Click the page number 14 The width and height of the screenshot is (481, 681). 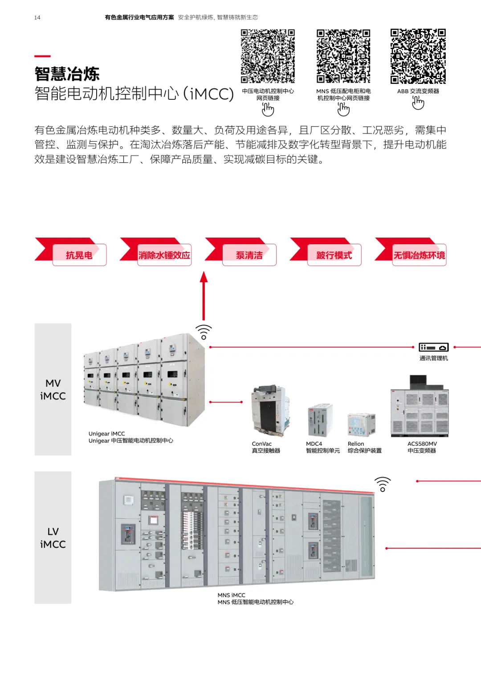[x=37, y=18]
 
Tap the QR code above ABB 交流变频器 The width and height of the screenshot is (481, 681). [x=418, y=56]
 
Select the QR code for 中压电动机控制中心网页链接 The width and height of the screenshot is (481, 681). [x=268, y=56]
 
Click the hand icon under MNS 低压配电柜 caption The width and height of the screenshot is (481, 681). [x=343, y=109]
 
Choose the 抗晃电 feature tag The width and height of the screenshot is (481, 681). [x=79, y=255]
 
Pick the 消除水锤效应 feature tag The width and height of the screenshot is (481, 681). [x=164, y=255]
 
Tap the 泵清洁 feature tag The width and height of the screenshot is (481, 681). [x=249, y=255]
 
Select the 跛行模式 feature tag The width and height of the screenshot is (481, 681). [x=334, y=255]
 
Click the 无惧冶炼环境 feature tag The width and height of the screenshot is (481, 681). [x=419, y=255]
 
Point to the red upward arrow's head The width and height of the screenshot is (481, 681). [x=204, y=277]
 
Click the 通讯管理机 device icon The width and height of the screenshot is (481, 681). [x=433, y=347]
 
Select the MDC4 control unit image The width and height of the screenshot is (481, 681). [x=319, y=421]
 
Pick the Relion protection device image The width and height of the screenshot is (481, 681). [x=361, y=425]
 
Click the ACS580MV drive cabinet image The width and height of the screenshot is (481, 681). [x=420, y=408]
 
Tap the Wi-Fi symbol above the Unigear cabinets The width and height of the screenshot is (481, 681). [x=204, y=332]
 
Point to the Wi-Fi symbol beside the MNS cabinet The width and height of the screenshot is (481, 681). [x=383, y=484]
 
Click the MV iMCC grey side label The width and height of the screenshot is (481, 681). [x=53, y=390]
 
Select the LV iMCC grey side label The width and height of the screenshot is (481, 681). [x=53, y=537]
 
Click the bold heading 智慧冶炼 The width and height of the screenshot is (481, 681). [x=67, y=74]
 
